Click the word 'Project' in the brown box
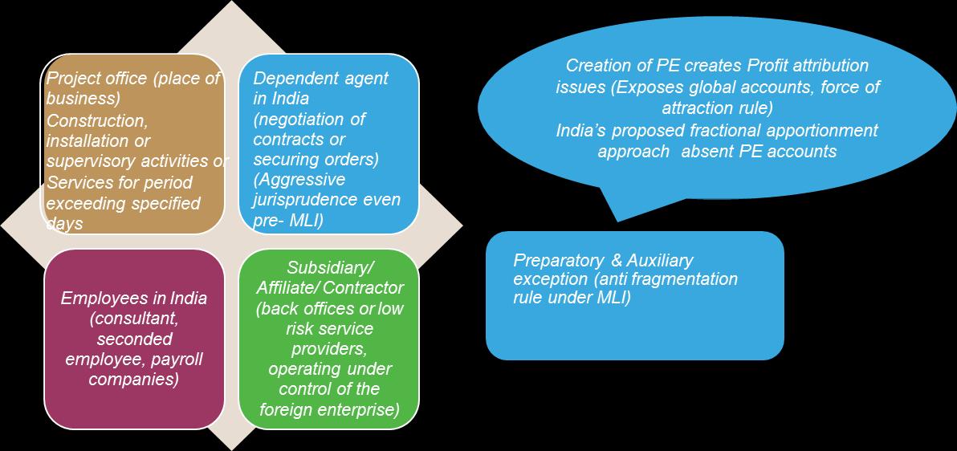click(x=71, y=79)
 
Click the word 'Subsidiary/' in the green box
click(x=330, y=266)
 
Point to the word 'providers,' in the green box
click(x=330, y=348)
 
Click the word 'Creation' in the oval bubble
click(x=596, y=66)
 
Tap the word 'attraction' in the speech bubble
click(x=696, y=108)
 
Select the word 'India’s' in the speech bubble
click(x=582, y=130)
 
